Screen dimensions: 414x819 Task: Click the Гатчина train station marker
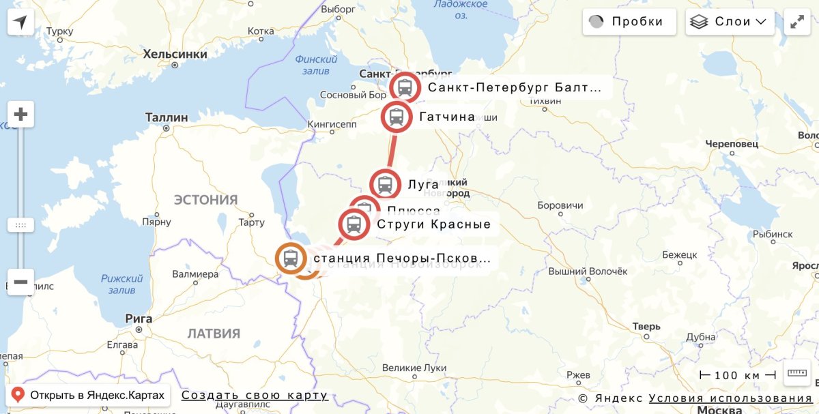[x=396, y=117]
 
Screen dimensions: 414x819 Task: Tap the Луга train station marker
[x=385, y=184]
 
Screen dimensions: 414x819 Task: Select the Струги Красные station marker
[x=354, y=224]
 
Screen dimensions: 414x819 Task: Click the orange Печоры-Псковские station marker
[x=291, y=258]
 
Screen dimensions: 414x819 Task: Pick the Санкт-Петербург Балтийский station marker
[x=405, y=87]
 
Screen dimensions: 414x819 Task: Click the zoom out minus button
[x=20, y=282]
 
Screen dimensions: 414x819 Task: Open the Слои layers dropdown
[x=730, y=22]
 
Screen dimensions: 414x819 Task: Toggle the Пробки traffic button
[x=629, y=22]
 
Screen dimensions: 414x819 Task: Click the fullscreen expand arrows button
[x=797, y=22]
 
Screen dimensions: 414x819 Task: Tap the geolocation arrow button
[x=20, y=22]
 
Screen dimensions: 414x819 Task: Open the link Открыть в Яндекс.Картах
[x=88, y=395]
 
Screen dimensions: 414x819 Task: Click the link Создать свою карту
[x=255, y=396]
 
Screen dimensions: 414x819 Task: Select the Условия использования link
[x=730, y=398]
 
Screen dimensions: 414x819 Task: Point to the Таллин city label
[x=167, y=117]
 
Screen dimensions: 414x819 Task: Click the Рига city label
[x=139, y=318]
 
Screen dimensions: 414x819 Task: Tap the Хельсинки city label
[x=175, y=55]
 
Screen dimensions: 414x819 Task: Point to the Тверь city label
[x=646, y=326]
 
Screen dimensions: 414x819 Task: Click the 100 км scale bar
[x=738, y=375]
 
